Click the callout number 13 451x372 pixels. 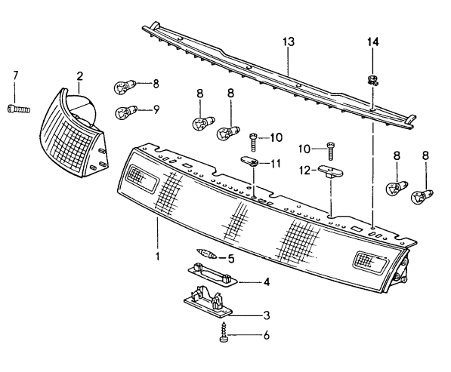point(289,42)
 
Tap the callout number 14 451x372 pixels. point(372,42)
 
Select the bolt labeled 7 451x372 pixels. point(18,109)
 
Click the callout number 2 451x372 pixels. point(79,76)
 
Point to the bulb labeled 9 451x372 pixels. point(125,112)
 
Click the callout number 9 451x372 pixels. point(156,109)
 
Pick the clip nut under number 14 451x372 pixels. point(372,79)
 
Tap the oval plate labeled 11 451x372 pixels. point(249,161)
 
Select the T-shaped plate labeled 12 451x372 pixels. point(331,171)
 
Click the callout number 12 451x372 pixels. point(304,171)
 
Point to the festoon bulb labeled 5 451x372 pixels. point(206,254)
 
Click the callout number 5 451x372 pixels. point(231,259)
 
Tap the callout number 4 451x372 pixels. point(267,281)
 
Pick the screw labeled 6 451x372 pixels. point(224,332)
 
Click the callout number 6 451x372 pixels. point(267,335)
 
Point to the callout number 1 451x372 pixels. point(157,257)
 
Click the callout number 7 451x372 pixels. point(15,76)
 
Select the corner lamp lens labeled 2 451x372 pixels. point(74,133)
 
